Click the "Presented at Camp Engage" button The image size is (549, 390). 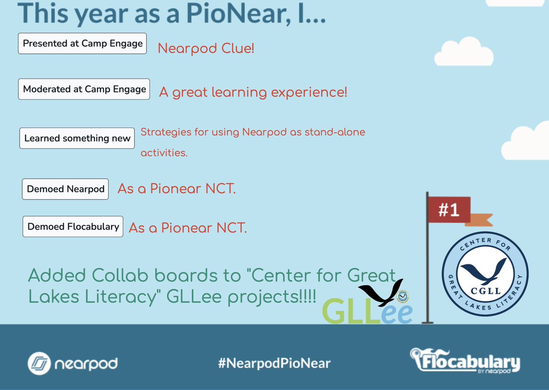coord(82,43)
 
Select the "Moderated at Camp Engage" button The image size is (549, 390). coord(85,89)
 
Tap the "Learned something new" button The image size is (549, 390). coord(77,138)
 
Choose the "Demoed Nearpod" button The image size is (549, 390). coord(65,189)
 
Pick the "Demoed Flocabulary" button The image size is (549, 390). coord(73,226)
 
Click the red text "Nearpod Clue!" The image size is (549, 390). coord(206,48)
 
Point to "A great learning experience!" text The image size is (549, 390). coord(253,92)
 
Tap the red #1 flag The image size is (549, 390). coord(448,210)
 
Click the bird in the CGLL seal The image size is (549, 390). coord(485,270)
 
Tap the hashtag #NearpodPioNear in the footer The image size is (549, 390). coord(274,363)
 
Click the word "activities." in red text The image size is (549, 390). coord(164,153)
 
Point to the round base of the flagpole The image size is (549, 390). coord(427,321)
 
